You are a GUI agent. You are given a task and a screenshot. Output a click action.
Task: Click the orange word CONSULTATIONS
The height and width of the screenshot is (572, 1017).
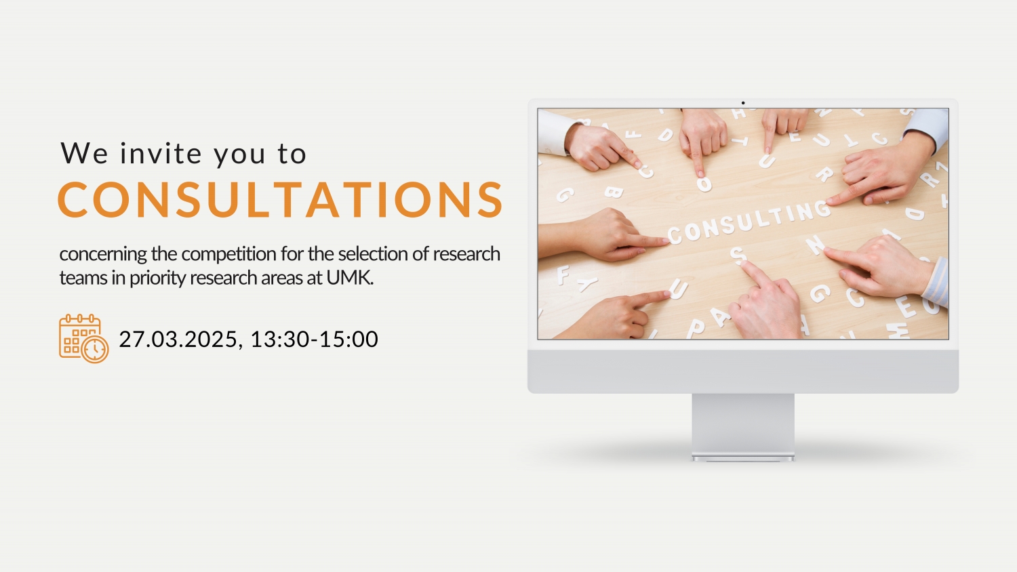tap(280, 199)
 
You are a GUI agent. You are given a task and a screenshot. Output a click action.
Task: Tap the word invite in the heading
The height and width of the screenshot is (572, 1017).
tap(161, 153)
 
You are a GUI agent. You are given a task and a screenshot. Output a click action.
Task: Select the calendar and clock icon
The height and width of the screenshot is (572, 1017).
tap(83, 339)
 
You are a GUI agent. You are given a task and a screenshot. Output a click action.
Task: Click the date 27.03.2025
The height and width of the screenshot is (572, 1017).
tap(178, 339)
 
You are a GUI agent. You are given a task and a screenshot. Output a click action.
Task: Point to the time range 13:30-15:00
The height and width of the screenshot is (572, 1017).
tap(314, 339)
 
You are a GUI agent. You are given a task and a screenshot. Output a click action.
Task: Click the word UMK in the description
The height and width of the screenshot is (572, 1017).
tap(350, 278)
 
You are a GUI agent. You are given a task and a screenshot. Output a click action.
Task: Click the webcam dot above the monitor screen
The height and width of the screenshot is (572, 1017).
tap(743, 103)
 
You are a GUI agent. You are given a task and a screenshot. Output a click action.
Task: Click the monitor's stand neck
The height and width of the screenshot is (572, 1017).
tap(743, 424)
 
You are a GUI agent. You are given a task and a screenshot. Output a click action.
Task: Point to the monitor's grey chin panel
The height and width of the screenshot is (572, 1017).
tap(743, 371)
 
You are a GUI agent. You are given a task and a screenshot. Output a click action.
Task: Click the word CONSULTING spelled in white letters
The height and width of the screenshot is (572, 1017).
tap(749, 222)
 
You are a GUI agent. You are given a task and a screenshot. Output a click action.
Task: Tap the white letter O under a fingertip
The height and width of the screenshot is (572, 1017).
tap(704, 184)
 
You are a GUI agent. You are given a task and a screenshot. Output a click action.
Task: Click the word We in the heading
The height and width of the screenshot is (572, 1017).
tap(85, 153)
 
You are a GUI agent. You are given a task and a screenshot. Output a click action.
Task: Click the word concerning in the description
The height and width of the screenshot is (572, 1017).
tap(103, 254)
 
